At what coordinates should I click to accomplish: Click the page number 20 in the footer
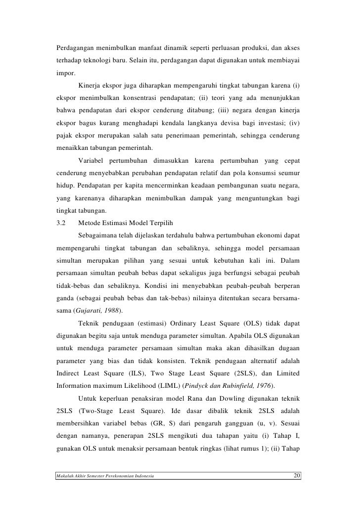(297, 476)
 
